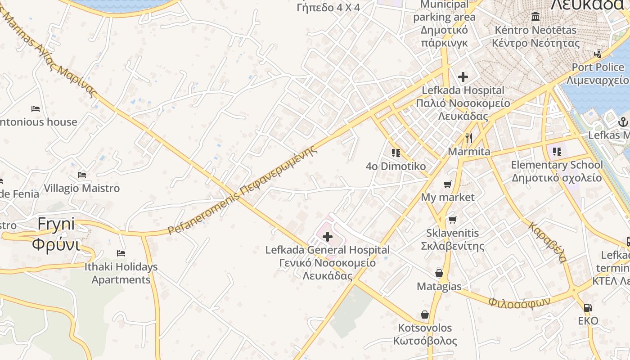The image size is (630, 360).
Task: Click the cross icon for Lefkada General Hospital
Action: (328, 236)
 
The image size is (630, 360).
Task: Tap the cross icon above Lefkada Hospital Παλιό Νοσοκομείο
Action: (463, 77)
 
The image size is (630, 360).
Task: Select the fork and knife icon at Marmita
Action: (469, 138)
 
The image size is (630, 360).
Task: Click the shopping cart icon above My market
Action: (447, 184)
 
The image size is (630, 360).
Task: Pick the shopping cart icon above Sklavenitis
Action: (452, 220)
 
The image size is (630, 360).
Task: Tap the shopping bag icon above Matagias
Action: (439, 273)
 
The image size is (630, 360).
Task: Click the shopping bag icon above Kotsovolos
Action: (424, 315)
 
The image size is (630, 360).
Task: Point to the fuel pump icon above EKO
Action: (588, 308)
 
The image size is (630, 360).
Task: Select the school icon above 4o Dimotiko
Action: (396, 153)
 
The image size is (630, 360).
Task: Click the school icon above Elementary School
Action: (557, 152)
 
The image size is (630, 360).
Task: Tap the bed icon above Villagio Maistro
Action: (82, 175)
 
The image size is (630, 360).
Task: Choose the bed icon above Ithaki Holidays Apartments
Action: (121, 253)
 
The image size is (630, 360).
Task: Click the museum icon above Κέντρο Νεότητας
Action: (535, 17)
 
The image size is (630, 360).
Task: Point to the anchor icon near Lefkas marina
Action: (623, 121)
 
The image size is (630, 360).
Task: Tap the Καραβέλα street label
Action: (547, 242)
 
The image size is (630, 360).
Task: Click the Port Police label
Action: (598, 67)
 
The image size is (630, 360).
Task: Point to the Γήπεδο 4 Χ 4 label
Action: (328, 7)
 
